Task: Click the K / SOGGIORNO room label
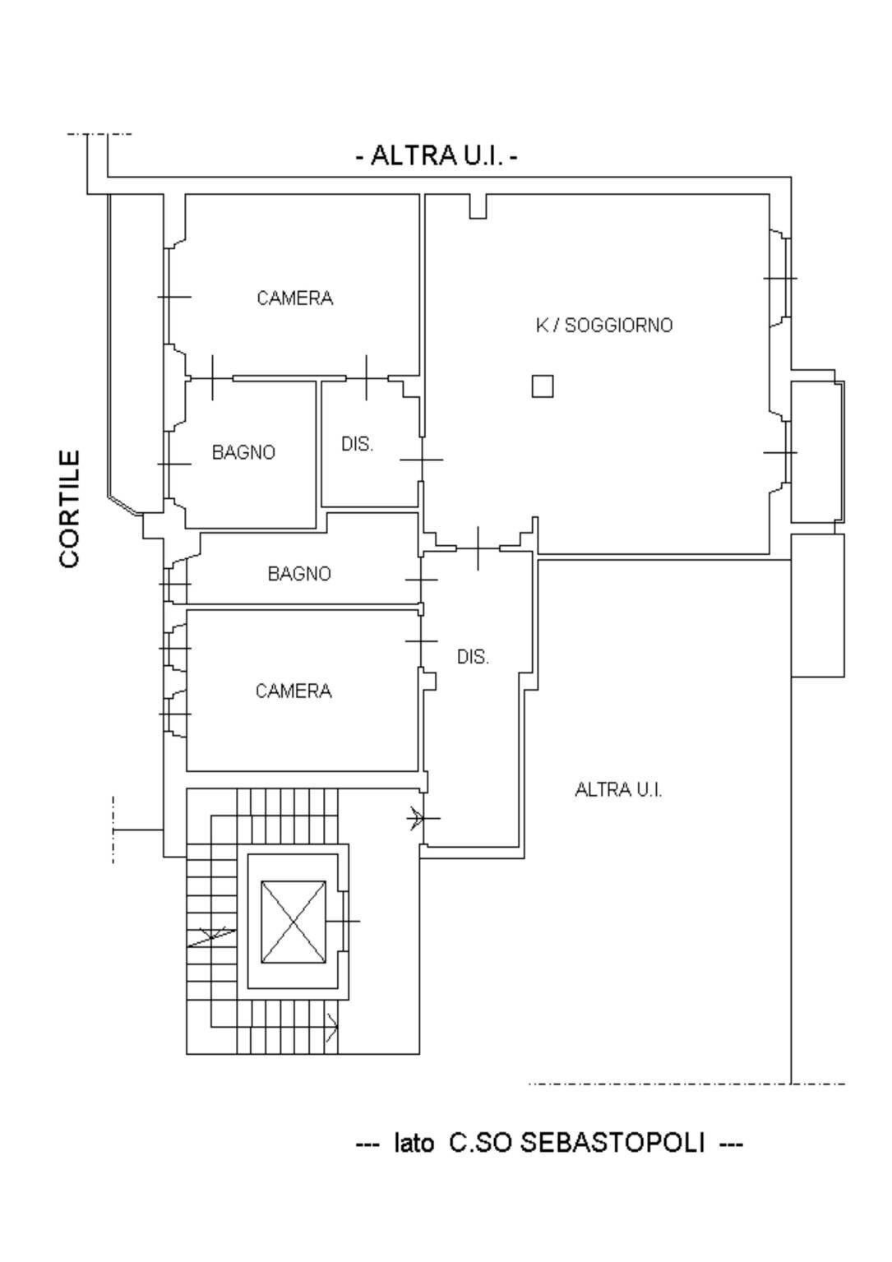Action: click(603, 326)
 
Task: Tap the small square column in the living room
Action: click(542, 386)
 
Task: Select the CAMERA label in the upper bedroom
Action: click(294, 298)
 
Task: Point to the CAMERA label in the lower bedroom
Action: click(293, 691)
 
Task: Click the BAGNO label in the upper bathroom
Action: click(243, 452)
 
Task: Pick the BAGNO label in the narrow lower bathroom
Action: click(299, 574)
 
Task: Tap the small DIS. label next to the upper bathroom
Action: click(357, 445)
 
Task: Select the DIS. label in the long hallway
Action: click(473, 657)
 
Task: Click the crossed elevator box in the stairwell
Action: click(293, 922)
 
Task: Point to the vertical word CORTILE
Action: click(71, 508)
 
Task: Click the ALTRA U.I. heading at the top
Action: click(437, 155)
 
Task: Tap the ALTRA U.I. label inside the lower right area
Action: click(618, 790)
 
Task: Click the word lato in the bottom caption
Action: click(414, 1144)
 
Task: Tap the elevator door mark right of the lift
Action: click(346, 921)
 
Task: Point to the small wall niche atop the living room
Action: click(478, 206)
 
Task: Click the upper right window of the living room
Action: click(782, 279)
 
